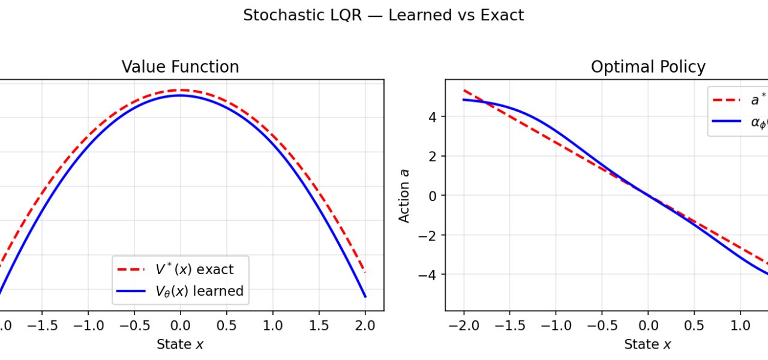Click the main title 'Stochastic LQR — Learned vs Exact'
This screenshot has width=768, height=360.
point(383,16)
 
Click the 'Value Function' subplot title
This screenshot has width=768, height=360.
point(180,67)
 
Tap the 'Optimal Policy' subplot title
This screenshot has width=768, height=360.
point(648,67)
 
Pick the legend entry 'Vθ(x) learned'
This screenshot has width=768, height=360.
point(199,292)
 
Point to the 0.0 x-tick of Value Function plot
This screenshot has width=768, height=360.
point(180,326)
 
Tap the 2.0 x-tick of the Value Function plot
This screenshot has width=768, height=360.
point(365,326)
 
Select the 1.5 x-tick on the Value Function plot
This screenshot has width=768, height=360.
point(319,326)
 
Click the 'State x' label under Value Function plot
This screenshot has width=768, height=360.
point(180,344)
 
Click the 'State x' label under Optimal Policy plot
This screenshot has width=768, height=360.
point(647,344)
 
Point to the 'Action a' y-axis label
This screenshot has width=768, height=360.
point(405,195)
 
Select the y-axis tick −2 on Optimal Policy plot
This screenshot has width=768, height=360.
point(430,235)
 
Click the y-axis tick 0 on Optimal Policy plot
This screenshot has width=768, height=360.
point(434,196)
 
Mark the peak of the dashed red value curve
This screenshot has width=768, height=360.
point(180,90)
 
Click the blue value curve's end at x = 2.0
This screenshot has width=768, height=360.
point(365,296)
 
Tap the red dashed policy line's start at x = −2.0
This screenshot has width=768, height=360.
point(464,90)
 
